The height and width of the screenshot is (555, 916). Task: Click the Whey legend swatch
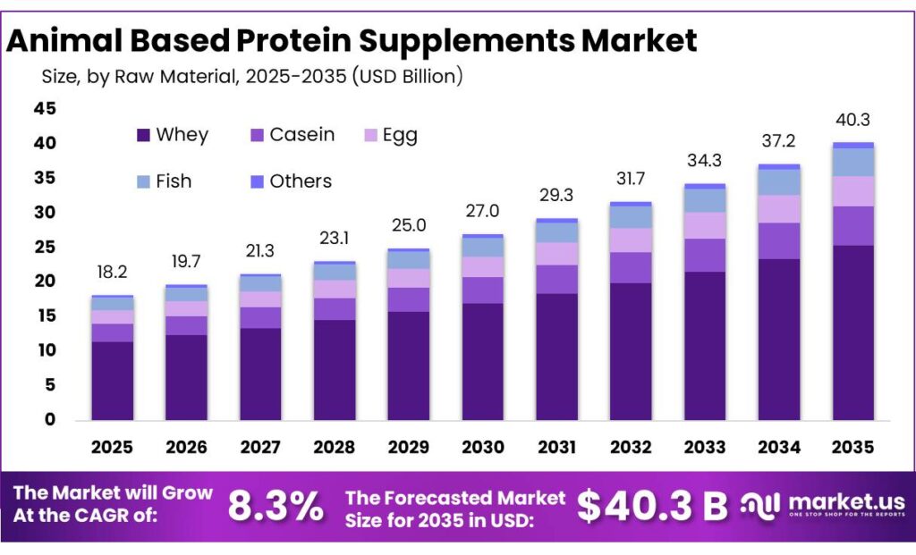pyautogui.click(x=143, y=136)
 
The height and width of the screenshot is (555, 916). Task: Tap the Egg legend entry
pyautogui.click(x=391, y=135)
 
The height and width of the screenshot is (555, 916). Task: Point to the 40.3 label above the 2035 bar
pyautogui.click(x=852, y=120)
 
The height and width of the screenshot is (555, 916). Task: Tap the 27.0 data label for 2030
pyautogui.click(x=482, y=212)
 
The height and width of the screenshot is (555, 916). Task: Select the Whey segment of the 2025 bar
pyautogui.click(x=113, y=381)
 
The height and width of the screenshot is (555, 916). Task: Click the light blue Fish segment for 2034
pyautogui.click(x=778, y=182)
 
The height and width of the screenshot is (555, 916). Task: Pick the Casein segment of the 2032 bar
pyautogui.click(x=631, y=268)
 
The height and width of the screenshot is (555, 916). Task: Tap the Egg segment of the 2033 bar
pyautogui.click(x=705, y=225)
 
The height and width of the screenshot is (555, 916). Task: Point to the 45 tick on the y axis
pyautogui.click(x=45, y=109)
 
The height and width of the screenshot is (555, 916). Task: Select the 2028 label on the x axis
pyautogui.click(x=335, y=447)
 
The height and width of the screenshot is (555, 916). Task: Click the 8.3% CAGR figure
pyautogui.click(x=276, y=507)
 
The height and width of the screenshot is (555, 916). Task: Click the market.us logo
pyautogui.click(x=823, y=506)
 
